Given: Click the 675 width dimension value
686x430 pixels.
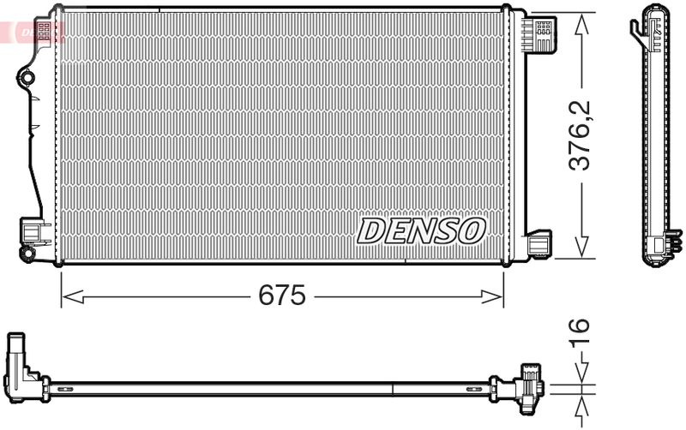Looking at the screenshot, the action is pos(282,295).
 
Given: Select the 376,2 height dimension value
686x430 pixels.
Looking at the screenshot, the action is pos(580,135).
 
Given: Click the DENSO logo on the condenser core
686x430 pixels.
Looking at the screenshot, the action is pos(421,230).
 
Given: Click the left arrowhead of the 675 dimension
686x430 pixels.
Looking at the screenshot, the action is pos(73,296).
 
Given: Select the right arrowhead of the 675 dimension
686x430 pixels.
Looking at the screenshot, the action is pos(491,296).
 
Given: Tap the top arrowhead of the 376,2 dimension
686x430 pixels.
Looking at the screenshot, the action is pos(581,25).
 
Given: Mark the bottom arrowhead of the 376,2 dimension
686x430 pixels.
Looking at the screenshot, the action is pos(581,247).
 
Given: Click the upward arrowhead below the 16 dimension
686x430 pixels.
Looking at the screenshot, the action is pos(581,405).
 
